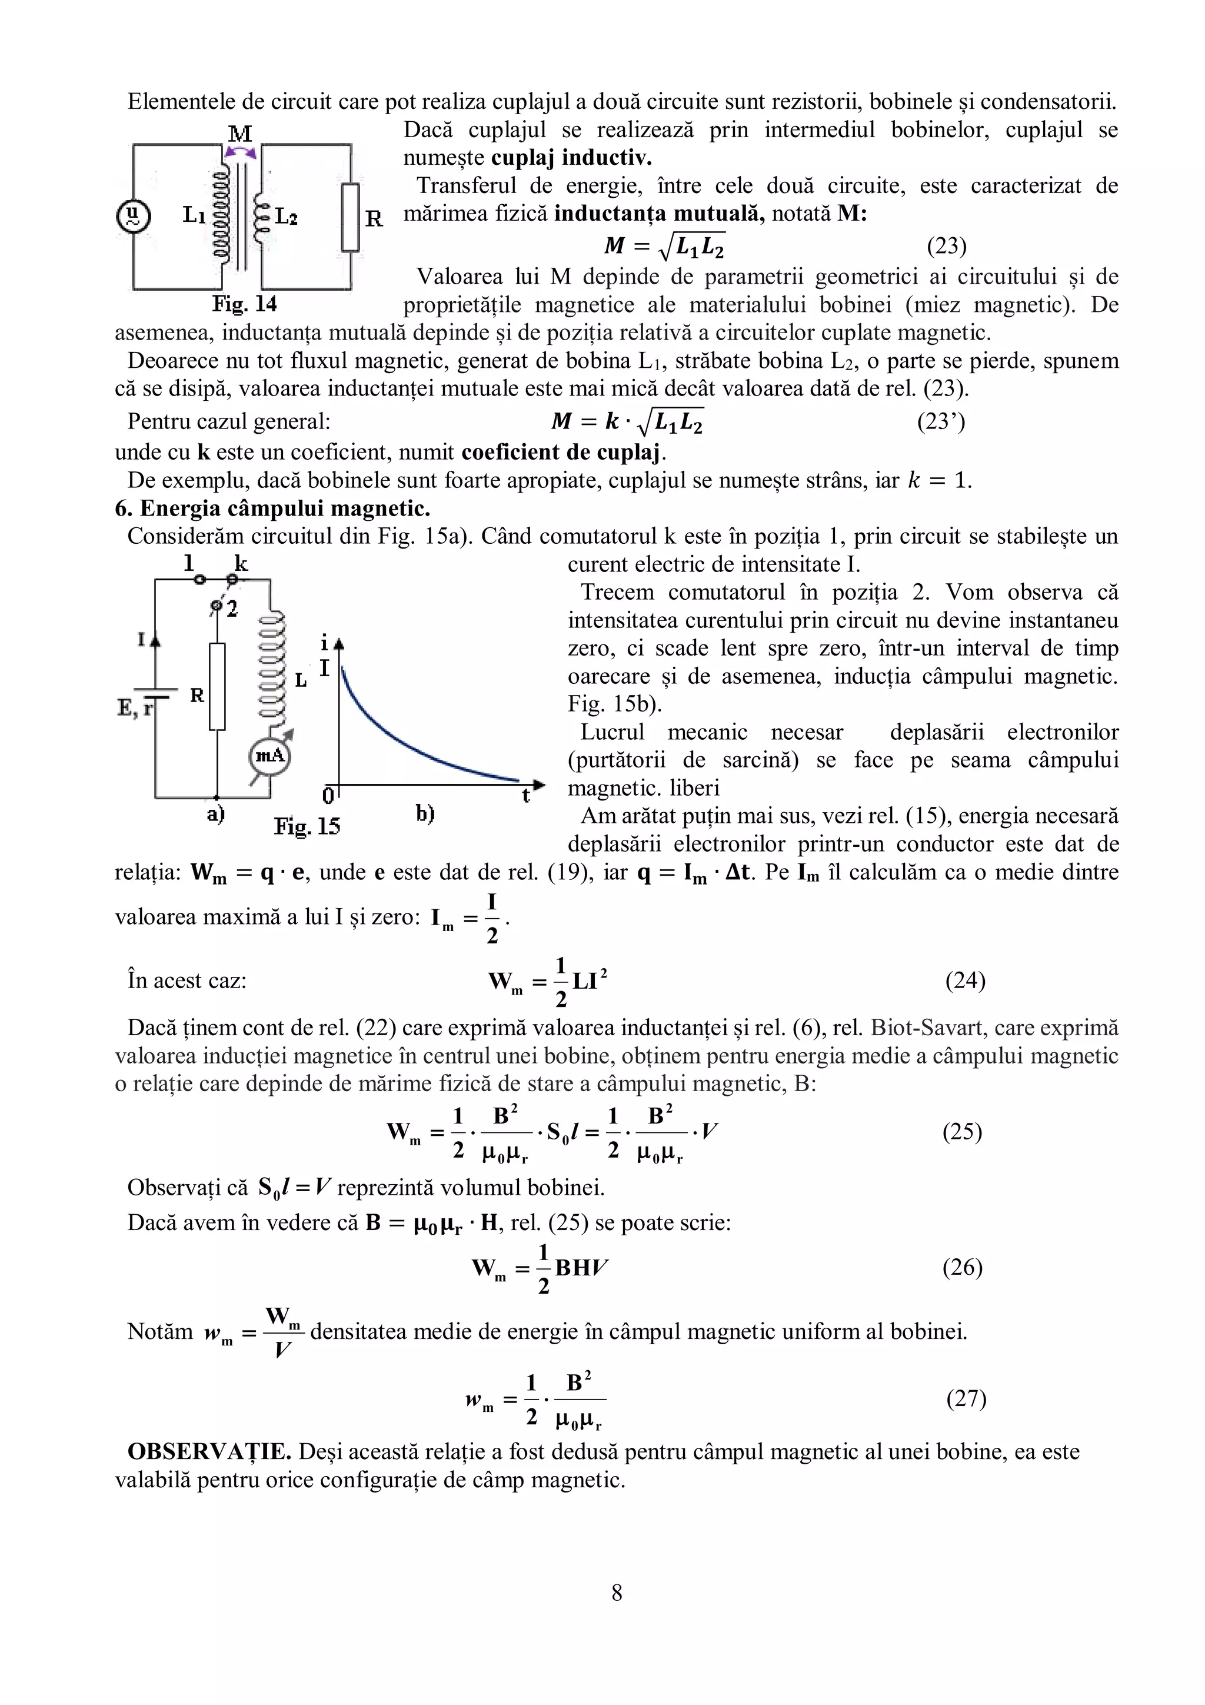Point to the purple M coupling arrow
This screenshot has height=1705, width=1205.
241,152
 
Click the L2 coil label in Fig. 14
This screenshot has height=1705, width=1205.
286,217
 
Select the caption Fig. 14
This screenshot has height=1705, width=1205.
244,304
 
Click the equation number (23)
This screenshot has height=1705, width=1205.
946,245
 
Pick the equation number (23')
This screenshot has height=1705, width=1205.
941,422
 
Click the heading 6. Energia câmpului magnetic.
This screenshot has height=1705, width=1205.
272,508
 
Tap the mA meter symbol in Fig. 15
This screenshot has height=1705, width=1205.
269,756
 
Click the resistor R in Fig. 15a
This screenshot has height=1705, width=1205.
217,687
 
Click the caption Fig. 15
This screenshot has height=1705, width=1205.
307,826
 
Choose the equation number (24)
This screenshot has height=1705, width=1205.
964,981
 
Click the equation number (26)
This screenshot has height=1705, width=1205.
962,1267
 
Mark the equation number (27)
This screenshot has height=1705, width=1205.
965,1399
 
